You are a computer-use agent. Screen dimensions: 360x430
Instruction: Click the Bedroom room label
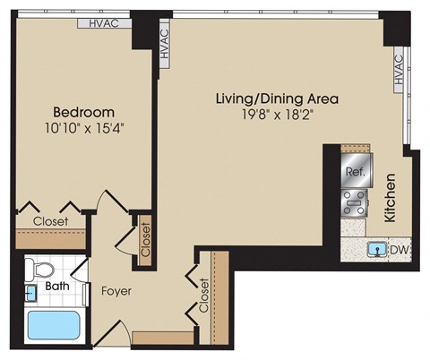[x=83, y=112]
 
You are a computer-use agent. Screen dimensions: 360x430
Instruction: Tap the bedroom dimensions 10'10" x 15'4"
[x=83, y=127]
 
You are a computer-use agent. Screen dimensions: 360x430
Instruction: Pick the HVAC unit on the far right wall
[x=398, y=72]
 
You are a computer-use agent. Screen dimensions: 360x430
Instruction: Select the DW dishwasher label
[x=397, y=249]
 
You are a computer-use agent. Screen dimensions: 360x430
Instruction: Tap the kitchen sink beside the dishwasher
[x=376, y=249]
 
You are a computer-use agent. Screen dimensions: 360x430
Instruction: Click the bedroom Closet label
[x=50, y=221]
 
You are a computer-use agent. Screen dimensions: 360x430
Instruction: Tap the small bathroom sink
[x=30, y=291]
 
